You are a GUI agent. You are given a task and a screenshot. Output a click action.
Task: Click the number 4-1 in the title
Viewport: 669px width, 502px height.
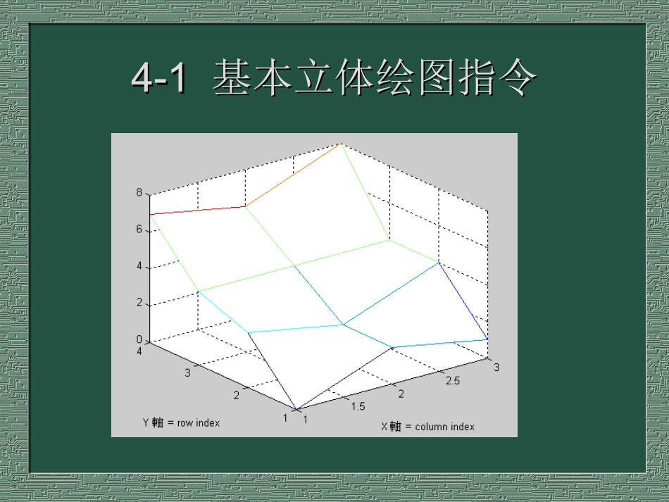click(x=160, y=79)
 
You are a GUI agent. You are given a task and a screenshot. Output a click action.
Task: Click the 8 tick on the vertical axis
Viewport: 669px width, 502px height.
click(x=139, y=192)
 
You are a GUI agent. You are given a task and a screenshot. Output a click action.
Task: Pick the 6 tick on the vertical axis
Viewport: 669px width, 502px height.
click(x=139, y=230)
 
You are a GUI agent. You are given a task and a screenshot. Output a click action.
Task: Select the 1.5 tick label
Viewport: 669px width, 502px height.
click(x=358, y=406)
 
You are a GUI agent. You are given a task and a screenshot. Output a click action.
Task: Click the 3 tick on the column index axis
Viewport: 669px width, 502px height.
click(x=496, y=367)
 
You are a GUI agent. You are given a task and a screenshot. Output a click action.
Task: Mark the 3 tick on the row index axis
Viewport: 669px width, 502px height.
click(x=187, y=372)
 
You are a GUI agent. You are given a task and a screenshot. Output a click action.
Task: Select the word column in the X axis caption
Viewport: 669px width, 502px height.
click(x=432, y=427)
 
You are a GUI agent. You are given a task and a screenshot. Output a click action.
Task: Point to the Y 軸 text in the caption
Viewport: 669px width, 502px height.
click(x=153, y=423)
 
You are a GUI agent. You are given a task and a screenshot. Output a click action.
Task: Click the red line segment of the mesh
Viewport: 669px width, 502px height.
click(x=197, y=210)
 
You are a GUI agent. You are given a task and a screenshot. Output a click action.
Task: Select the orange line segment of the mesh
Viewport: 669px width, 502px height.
click(x=293, y=175)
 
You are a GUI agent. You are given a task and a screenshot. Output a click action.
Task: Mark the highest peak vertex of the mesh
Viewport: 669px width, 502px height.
click(x=342, y=143)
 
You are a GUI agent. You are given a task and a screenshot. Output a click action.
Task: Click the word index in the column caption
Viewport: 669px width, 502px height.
click(x=462, y=427)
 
